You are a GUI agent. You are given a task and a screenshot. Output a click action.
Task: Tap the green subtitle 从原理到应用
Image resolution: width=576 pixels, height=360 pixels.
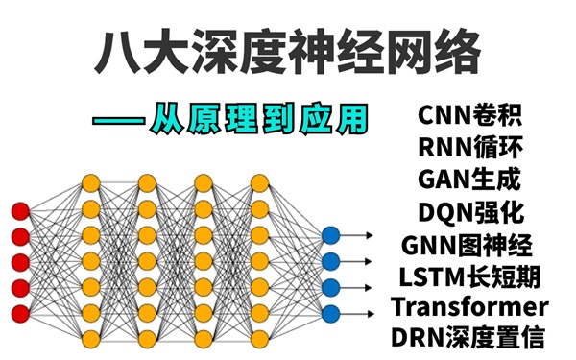point(258,119)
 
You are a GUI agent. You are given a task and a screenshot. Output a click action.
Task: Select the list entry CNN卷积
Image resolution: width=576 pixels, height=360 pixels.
point(470,118)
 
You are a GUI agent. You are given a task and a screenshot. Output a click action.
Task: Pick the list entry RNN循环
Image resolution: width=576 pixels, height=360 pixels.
point(470,149)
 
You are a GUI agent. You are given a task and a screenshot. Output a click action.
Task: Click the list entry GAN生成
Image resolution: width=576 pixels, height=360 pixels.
point(470,180)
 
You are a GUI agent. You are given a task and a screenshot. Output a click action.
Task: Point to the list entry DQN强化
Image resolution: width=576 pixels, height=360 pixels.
point(470,211)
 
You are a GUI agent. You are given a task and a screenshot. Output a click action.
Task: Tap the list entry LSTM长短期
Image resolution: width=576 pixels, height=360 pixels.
point(470,276)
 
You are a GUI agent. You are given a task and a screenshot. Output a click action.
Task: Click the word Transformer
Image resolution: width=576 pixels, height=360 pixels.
point(470,307)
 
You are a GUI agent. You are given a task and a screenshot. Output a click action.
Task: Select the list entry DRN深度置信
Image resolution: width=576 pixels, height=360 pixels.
point(470,338)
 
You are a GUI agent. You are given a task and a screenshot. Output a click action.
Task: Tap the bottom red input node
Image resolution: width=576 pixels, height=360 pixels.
point(19,311)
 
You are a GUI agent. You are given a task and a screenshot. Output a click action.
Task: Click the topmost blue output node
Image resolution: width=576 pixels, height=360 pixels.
point(330,234)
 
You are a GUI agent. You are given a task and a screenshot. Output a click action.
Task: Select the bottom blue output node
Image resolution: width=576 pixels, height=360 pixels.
point(330,312)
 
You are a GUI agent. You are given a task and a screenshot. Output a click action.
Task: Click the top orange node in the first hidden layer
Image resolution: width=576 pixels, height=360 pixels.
point(91,182)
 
